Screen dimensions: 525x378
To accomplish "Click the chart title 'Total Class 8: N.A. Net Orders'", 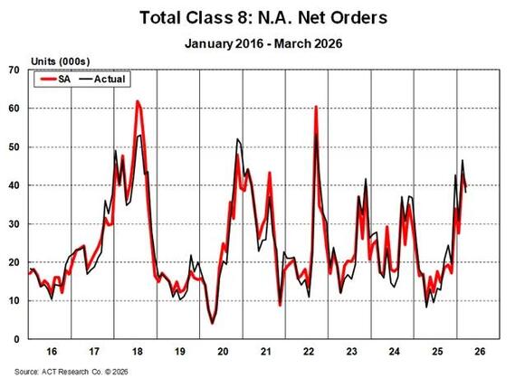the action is [x=263, y=17].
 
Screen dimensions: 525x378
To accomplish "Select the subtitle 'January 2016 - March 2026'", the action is [x=263, y=43].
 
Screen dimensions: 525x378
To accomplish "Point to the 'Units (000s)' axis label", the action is [x=61, y=61].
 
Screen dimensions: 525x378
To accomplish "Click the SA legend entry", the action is [x=55, y=80].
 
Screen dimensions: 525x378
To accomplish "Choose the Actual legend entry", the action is [x=102, y=80].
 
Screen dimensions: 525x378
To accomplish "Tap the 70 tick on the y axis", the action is [x=14, y=71].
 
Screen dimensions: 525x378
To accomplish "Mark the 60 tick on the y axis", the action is [x=14, y=109].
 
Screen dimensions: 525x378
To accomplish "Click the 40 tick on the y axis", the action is [x=14, y=185].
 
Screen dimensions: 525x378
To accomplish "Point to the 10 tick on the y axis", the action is [x=14, y=301].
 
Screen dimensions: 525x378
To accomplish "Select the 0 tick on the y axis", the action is [x=16, y=339].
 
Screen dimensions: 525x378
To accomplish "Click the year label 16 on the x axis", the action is [x=52, y=352].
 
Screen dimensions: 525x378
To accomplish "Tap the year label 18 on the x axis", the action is [x=138, y=352].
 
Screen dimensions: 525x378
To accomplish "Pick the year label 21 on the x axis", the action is [x=266, y=352].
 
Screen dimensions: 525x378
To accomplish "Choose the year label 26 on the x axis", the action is [x=480, y=352].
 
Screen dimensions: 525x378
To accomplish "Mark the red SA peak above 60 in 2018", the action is [x=138, y=101].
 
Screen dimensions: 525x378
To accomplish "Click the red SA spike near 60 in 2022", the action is [x=316, y=107].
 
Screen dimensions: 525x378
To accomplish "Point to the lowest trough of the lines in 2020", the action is [x=212, y=323].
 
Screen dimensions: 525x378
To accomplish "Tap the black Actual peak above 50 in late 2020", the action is [x=237, y=139].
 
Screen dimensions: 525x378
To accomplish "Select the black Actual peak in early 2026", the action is [x=463, y=160].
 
